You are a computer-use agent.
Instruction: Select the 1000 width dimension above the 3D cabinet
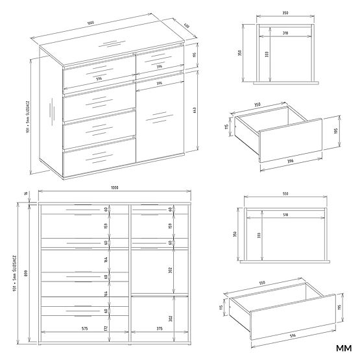point(91,23)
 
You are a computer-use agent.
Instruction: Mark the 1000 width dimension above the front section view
point(114,188)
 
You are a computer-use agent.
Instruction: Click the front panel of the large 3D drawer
point(289,322)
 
